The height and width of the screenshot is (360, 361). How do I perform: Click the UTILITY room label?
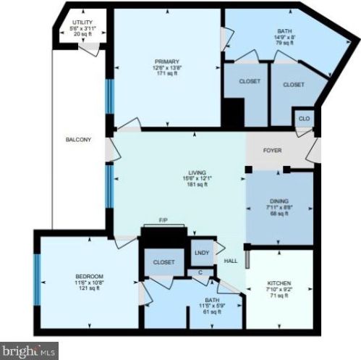coord(82,22)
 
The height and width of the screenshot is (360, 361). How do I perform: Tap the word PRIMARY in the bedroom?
coord(166,61)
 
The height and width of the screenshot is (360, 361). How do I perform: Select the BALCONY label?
coord(77,139)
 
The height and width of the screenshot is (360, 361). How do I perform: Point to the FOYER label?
coord(272,151)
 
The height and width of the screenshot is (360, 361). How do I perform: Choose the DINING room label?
coord(279,201)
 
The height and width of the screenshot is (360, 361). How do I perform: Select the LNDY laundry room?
coord(203,251)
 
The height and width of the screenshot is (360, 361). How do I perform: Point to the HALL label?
coord(231,261)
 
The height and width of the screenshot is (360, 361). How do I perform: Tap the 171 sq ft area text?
coord(166,74)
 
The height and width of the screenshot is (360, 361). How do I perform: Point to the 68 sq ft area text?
coord(279,214)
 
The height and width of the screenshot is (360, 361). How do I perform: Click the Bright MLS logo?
coord(30,351)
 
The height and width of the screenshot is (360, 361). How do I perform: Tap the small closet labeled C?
coord(200,272)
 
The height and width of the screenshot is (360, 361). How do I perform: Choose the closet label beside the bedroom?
coord(163,262)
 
